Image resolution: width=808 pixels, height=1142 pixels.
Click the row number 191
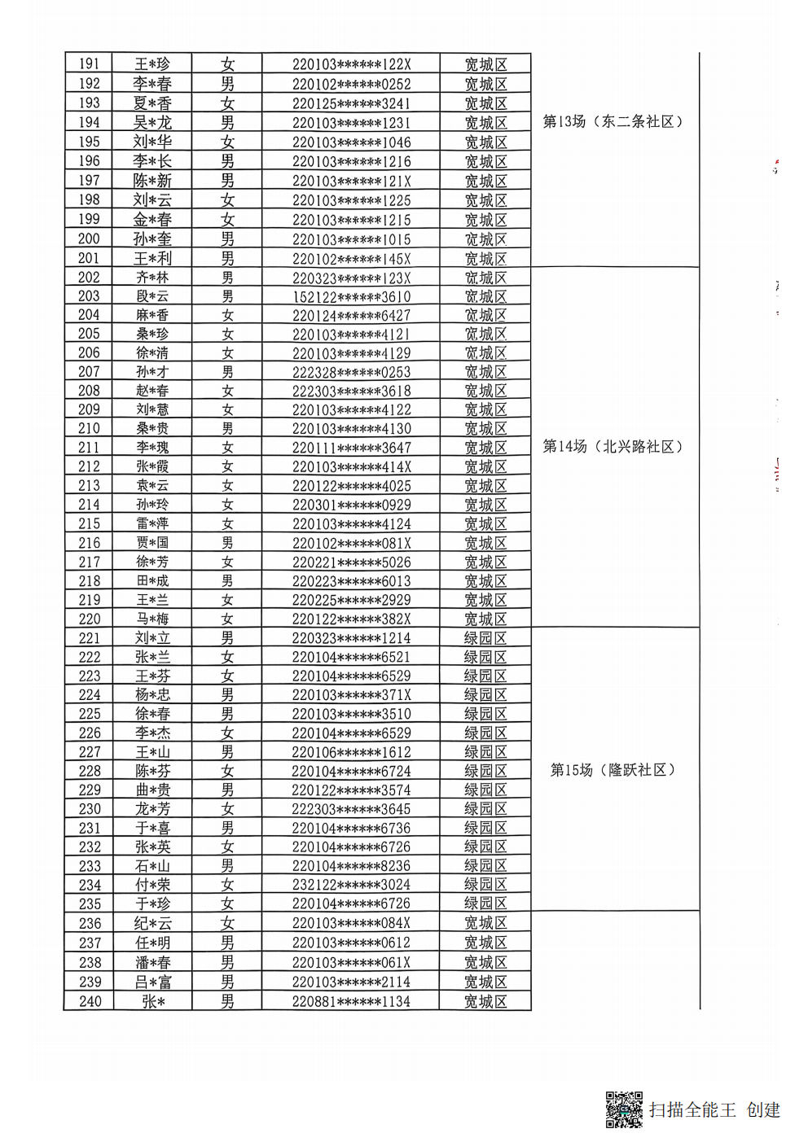point(89,64)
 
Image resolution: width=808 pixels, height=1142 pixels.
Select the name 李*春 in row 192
point(152,84)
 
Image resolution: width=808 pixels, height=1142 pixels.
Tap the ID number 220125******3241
point(351,103)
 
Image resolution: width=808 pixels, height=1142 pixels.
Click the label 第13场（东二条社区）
point(613,122)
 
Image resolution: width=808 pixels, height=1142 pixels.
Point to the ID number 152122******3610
point(351,296)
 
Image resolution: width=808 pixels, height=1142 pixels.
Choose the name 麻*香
point(152,315)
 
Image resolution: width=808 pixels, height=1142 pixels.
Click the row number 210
point(89,429)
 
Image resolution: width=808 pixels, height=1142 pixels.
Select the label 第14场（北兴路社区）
point(613,447)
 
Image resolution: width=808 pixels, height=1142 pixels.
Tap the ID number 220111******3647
point(351,448)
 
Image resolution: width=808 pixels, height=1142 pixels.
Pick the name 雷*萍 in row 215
point(152,523)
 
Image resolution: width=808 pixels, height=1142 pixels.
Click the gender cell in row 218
point(227,580)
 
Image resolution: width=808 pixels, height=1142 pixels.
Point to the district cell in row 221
point(485,638)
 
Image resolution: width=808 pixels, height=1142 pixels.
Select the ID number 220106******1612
point(351,752)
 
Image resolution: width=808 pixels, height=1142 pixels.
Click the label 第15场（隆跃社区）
point(613,770)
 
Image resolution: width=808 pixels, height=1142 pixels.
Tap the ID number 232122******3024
point(351,885)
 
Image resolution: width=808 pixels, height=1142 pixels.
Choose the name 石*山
point(152,866)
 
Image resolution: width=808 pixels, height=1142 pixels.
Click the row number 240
point(90,1001)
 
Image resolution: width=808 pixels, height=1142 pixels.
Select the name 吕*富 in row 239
point(152,982)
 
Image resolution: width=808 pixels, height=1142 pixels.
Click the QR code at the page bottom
point(624,1109)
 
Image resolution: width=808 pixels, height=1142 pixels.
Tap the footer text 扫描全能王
point(692,1110)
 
